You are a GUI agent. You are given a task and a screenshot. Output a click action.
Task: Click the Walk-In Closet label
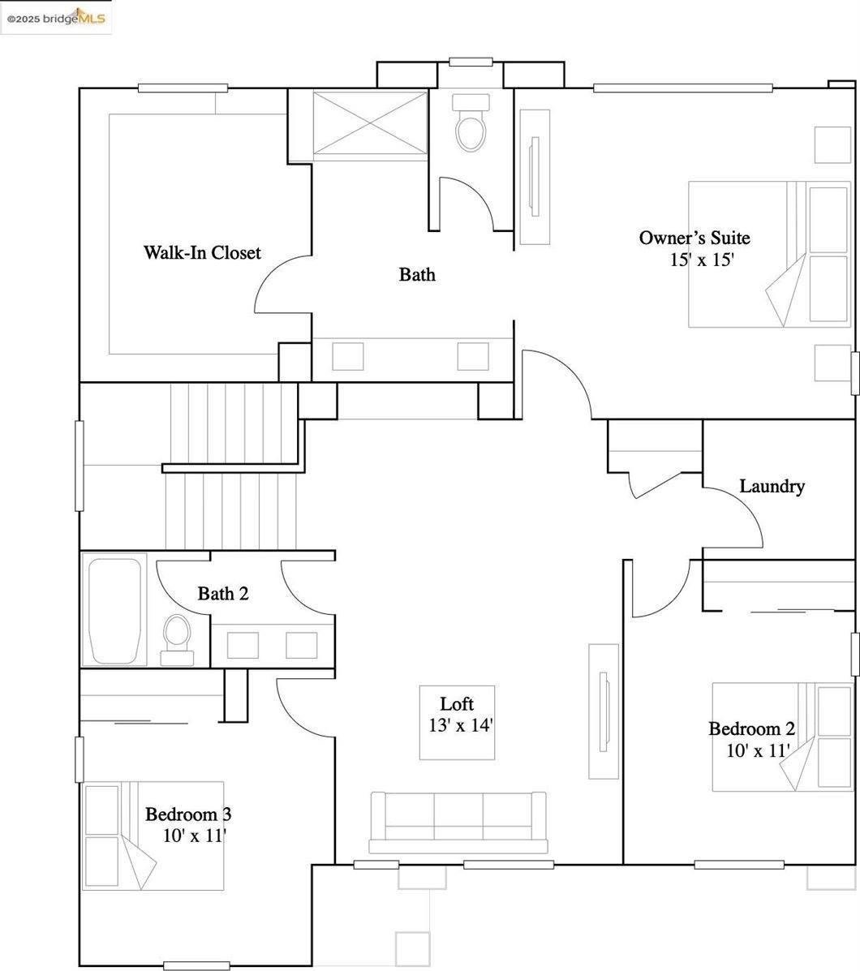(x=202, y=252)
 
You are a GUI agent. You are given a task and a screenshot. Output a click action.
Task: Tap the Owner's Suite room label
(x=694, y=238)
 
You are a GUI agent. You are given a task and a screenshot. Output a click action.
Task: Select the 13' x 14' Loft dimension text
(x=461, y=725)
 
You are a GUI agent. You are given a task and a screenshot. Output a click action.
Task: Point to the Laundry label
(x=772, y=486)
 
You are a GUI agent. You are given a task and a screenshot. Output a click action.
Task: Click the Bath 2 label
(x=223, y=593)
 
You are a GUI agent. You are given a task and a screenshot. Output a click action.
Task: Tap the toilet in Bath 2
(x=176, y=640)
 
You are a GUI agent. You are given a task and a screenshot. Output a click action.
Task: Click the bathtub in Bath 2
(x=114, y=611)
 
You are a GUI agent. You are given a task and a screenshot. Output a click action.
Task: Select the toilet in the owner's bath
(x=471, y=122)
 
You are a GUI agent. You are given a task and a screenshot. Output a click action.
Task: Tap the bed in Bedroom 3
(x=153, y=836)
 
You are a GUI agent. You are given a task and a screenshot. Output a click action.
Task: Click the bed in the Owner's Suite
(x=770, y=254)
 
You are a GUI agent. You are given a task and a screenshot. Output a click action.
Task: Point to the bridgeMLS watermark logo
(x=56, y=17)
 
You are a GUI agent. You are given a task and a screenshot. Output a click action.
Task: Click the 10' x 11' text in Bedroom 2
(x=758, y=750)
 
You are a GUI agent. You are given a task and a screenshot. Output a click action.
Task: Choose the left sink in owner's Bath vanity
(x=347, y=356)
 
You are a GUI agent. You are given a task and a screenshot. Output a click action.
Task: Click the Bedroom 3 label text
(x=188, y=814)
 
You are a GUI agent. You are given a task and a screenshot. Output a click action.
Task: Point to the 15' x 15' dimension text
(x=702, y=260)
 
